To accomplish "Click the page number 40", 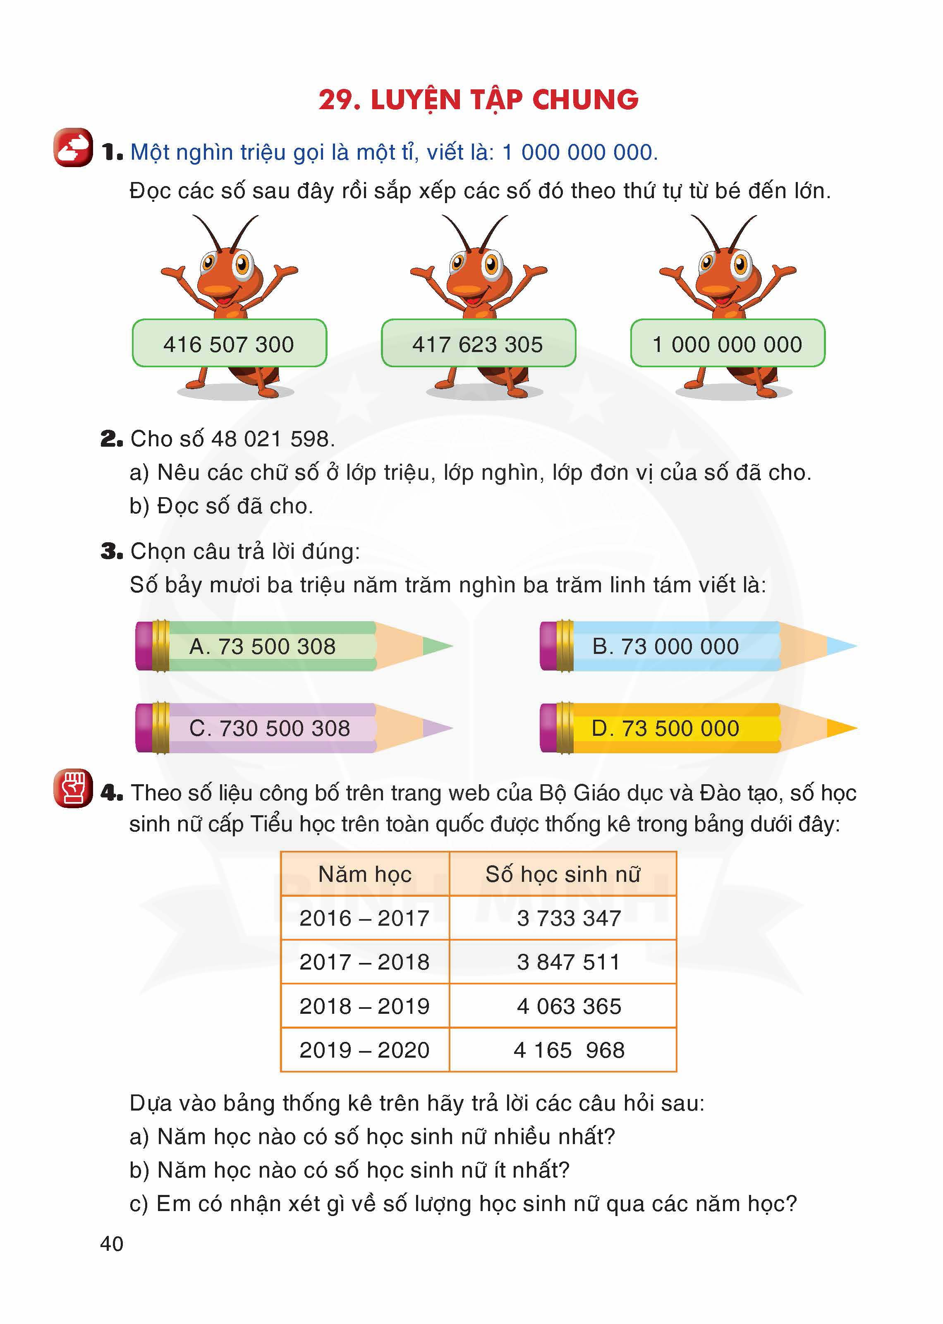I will pyautogui.click(x=112, y=1243).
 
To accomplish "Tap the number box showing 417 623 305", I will pyautogui.click(x=478, y=344).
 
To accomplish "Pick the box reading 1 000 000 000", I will pyautogui.click(x=727, y=344).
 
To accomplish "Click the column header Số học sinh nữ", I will pyautogui.click(x=562, y=874).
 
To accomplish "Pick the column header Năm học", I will pyautogui.click(x=365, y=874).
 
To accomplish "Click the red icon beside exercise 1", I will pyautogui.click(x=73, y=148).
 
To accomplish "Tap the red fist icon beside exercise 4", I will pyautogui.click(x=73, y=789).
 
